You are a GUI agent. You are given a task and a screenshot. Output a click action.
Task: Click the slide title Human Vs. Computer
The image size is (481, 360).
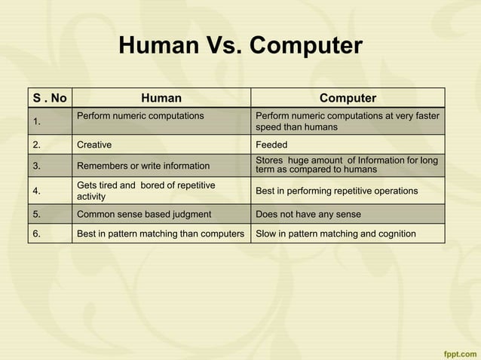[240, 47]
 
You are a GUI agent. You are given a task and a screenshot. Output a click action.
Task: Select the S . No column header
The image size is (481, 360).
[50, 98]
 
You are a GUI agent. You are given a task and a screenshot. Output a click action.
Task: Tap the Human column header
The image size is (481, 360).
[161, 98]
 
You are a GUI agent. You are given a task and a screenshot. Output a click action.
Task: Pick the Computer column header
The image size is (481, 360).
[348, 98]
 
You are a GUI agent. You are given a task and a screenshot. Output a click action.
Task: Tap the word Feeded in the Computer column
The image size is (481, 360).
[271, 145]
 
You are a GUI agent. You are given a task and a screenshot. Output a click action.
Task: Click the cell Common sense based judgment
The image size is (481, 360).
[143, 214]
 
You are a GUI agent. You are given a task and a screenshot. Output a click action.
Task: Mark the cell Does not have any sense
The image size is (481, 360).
[308, 214]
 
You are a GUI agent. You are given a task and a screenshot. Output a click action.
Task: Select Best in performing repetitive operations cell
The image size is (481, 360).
[336, 191]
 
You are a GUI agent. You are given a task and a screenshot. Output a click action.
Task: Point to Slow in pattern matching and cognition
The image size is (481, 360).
[335, 233]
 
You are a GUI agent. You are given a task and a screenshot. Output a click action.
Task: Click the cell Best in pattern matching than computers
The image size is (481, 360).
[161, 233]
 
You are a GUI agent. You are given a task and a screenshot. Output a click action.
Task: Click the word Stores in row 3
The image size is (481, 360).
[269, 160]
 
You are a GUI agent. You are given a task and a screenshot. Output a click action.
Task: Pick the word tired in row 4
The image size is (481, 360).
[110, 185]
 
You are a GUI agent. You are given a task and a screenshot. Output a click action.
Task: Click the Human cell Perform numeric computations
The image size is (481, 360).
[140, 116]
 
